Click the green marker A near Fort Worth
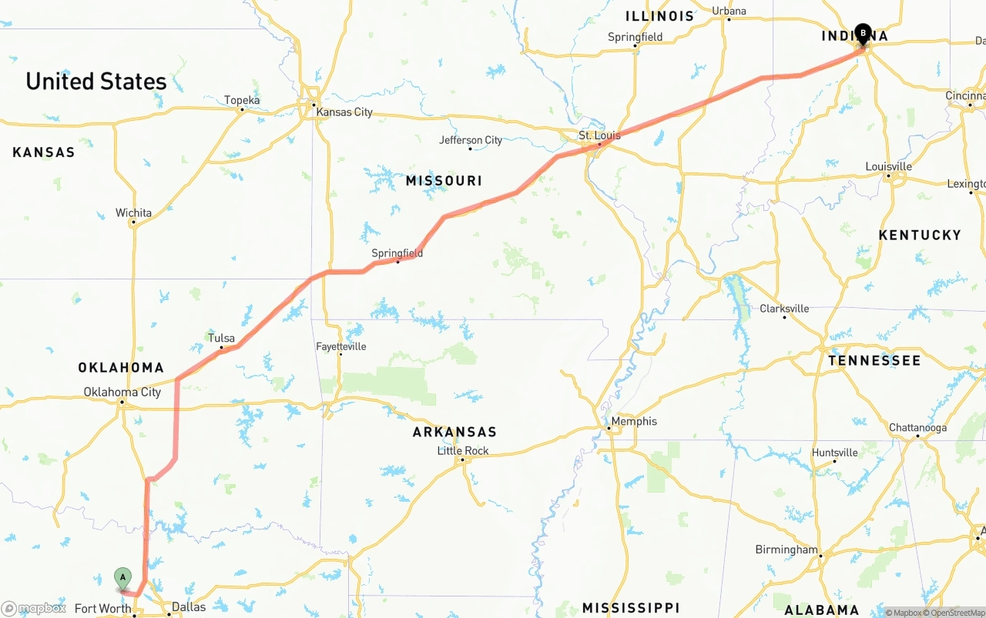click(x=122, y=578)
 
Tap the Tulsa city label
click(x=221, y=338)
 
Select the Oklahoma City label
click(x=122, y=392)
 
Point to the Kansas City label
click(x=344, y=112)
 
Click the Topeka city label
click(x=242, y=100)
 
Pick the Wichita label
click(x=133, y=212)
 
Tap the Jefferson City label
click(x=471, y=140)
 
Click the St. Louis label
click(x=599, y=135)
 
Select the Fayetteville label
click(x=340, y=347)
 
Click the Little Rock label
click(x=463, y=451)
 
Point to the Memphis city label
click(x=634, y=421)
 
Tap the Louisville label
click(x=888, y=166)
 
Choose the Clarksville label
click(x=784, y=308)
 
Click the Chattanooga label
click(x=917, y=427)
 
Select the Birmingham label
click(x=786, y=550)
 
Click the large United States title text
click(x=96, y=81)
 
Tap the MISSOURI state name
click(x=444, y=181)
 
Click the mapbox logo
click(x=33, y=608)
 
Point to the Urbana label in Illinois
click(x=729, y=11)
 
